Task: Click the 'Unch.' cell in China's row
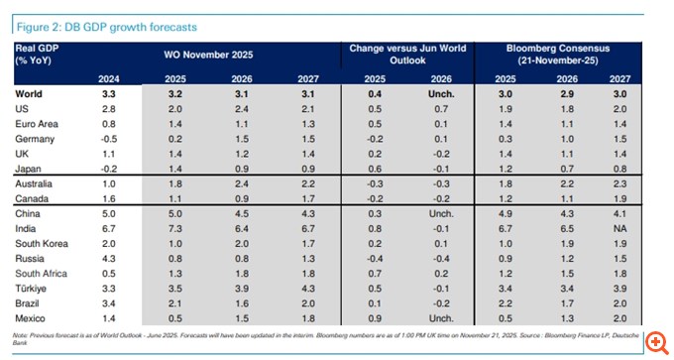(438, 212)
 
